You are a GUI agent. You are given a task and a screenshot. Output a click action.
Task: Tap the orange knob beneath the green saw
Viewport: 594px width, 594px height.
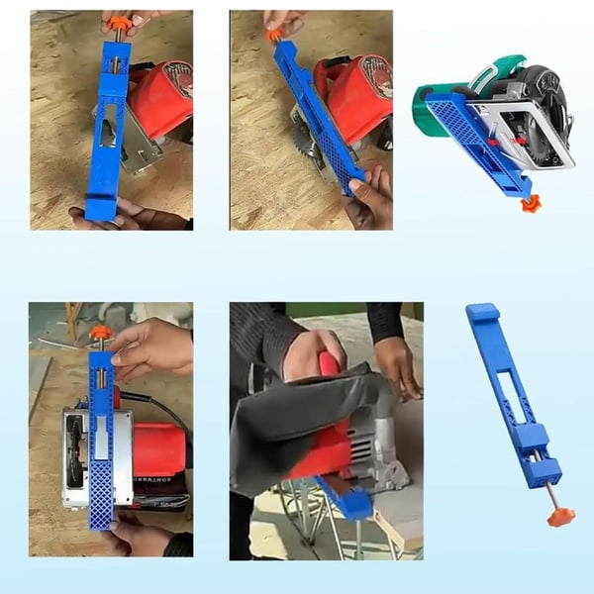533,203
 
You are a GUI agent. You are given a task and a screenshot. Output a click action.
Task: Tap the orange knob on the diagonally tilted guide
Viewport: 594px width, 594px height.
274,35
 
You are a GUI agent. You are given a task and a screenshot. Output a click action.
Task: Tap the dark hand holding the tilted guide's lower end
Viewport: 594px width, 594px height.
371,198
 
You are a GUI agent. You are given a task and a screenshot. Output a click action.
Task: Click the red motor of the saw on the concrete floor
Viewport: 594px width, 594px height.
158,450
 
